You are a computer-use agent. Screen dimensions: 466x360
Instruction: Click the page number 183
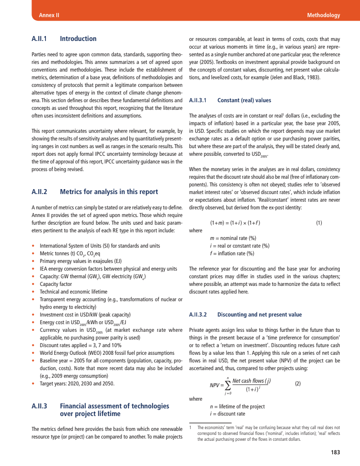pyautogui.click(x=335, y=452)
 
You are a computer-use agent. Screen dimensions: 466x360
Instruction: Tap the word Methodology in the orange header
pyautogui.click(x=323, y=15)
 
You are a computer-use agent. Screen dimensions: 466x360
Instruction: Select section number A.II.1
pyautogui.click(x=39, y=39)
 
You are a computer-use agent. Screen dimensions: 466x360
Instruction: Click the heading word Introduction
pyautogui.click(x=78, y=39)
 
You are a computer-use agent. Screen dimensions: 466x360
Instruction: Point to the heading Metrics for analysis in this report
pyautogui.click(x=109, y=192)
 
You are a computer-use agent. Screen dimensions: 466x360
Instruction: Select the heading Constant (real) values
pyautogui.click(x=244, y=100)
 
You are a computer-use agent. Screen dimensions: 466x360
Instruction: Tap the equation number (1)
pyautogui.click(x=319, y=222)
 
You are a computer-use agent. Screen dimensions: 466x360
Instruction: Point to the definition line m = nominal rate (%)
pyautogui.click(x=233, y=238)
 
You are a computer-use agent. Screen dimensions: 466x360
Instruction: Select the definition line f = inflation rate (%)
pyautogui.click(x=232, y=253)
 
